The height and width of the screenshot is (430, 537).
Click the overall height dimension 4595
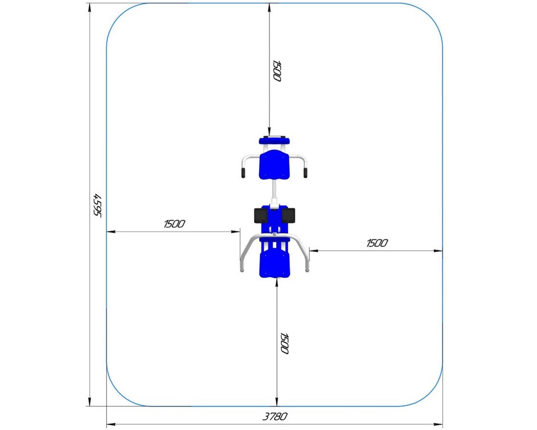[98, 205]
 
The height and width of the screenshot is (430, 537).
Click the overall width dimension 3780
[275, 416]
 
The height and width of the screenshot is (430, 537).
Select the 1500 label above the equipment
[277, 71]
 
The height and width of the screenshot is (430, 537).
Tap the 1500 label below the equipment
[284, 343]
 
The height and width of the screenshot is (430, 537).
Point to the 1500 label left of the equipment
[174, 224]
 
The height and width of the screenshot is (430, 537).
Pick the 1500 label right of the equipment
[377, 243]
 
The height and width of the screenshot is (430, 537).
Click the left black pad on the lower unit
[261, 215]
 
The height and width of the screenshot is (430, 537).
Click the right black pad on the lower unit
[289, 215]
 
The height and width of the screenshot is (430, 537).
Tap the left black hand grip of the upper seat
[243, 173]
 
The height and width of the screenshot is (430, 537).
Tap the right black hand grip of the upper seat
[305, 173]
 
